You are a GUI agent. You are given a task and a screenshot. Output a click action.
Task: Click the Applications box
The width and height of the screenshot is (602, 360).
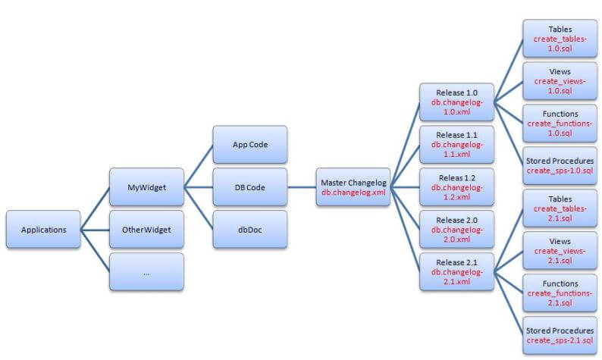[43, 229]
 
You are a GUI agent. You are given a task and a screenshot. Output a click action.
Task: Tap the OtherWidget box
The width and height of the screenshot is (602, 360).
[146, 229]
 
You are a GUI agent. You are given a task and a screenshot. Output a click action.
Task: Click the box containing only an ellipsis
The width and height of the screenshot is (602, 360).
[146, 271]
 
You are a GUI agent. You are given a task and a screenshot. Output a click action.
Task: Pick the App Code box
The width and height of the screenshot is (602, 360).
[250, 144]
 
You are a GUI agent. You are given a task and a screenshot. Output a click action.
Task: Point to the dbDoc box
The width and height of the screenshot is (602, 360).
[250, 229]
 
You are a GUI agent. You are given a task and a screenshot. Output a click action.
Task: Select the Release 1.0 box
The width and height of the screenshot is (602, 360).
[456, 102]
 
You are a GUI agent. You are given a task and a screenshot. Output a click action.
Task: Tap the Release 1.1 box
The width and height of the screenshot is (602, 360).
[456, 144]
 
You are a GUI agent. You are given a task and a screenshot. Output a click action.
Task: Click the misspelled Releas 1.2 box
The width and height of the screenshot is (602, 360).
[456, 187]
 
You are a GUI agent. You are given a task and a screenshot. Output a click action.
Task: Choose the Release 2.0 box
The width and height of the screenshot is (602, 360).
[456, 229]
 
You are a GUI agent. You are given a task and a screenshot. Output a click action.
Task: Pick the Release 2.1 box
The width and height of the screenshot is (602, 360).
[456, 271]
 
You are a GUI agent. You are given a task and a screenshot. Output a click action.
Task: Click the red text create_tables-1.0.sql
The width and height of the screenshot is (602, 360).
[560, 44]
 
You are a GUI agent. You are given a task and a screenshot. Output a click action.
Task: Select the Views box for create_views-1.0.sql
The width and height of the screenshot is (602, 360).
[560, 80]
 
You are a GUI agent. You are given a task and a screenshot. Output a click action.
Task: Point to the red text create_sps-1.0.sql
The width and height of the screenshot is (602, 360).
[560, 171]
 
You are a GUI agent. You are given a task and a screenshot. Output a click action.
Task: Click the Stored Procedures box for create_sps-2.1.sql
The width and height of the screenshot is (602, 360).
[560, 336]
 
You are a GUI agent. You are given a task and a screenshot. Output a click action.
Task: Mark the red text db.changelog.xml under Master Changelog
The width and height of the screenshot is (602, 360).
[353, 193]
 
